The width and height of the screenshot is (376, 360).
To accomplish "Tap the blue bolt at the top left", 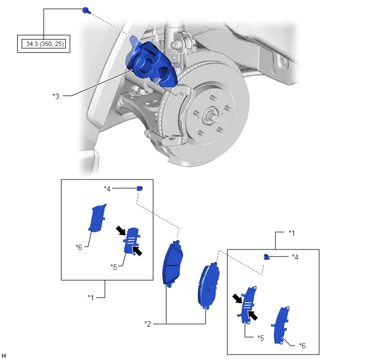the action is tap(86, 10).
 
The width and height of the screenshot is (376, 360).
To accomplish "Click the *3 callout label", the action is tap(56, 96).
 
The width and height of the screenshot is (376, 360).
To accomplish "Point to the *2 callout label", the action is tap(148, 324).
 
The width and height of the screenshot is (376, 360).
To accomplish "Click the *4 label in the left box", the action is tap(107, 189).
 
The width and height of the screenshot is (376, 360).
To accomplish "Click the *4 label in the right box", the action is tap(295, 257).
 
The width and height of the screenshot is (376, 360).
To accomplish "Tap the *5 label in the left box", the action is tap(114, 266).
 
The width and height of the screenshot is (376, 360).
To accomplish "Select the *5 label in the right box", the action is tap(261, 338).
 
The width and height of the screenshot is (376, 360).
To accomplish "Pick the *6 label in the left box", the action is tap(79, 247).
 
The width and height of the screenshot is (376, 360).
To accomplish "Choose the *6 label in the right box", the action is tap(302, 346).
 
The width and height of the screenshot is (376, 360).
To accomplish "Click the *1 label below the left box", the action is tap(91, 298).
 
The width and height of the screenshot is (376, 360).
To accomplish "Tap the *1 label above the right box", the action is tap(292, 233).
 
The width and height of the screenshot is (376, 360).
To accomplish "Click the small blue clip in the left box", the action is tap(140, 188).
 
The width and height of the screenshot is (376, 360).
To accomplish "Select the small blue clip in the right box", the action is tap(266, 257).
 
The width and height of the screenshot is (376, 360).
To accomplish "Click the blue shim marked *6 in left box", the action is tap(97, 218).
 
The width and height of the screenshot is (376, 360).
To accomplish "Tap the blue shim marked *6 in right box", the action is tap(281, 325).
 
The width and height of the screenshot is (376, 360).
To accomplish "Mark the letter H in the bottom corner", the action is tap(3, 356).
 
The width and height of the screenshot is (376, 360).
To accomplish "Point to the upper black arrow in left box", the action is tap(121, 230).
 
